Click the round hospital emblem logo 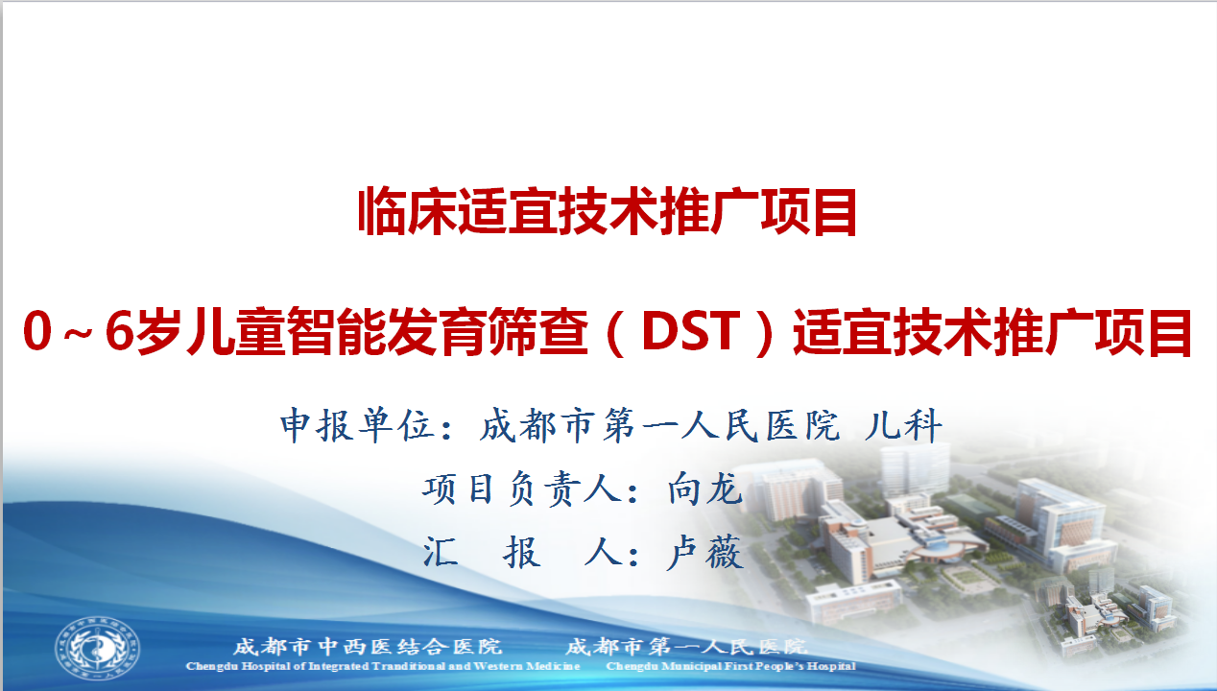point(97,648)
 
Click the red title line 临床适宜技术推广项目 point(608,211)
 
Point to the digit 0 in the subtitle point(37,331)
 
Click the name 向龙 point(705,488)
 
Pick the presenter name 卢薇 point(705,552)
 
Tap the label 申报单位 point(356,425)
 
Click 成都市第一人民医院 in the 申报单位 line point(660,425)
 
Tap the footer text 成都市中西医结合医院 point(368,647)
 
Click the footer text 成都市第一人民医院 point(686,647)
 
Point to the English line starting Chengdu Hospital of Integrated point(383,666)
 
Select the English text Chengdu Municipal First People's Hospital point(730,666)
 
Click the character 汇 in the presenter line point(441,552)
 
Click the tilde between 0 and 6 point(79,332)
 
